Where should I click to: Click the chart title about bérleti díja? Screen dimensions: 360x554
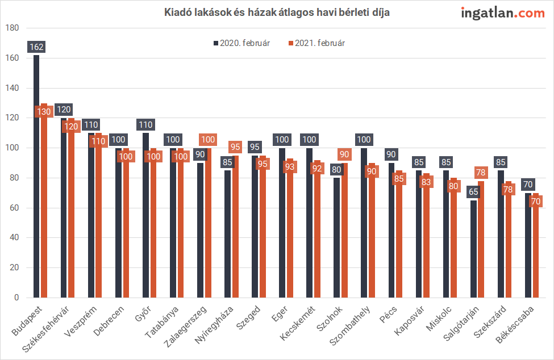pyautogui.click(x=277, y=12)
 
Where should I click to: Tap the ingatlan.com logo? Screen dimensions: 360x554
pyautogui.click(x=503, y=12)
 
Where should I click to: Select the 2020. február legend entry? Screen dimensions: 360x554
pyautogui.click(x=241, y=43)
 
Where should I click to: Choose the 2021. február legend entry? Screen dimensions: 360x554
pyautogui.click(x=316, y=43)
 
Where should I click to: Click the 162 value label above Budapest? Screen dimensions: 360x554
pyautogui.click(x=37, y=47)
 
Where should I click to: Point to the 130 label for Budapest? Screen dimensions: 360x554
pyautogui.click(x=44, y=112)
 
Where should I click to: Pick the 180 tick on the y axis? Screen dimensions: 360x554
pyautogui.click(x=12, y=28)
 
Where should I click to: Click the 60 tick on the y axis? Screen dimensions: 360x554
pyautogui.click(x=14, y=208)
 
